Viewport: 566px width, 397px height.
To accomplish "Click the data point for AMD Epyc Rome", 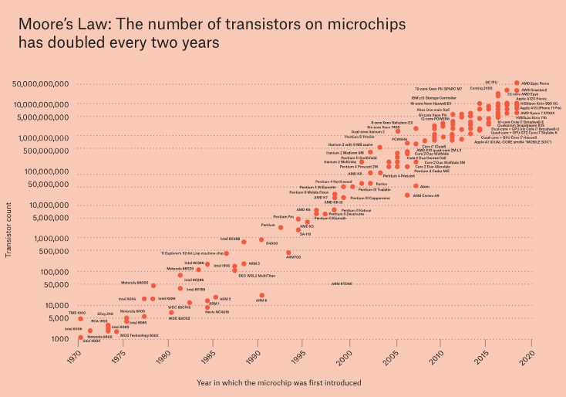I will click(517, 83).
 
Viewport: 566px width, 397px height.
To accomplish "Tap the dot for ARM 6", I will click(262, 295).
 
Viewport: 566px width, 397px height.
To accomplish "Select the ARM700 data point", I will click(288, 252).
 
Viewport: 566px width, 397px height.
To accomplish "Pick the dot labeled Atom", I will click(416, 186).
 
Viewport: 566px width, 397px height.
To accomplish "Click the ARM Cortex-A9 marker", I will click(407, 195).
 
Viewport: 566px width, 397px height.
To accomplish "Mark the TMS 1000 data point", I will click(80, 317).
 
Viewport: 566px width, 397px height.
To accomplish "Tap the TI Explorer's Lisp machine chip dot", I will click(227, 253).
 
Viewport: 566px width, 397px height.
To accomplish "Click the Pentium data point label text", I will click(268, 225).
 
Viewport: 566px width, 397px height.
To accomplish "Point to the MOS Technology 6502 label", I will click(138, 335).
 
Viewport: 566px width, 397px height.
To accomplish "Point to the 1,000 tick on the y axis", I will click(61, 338).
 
